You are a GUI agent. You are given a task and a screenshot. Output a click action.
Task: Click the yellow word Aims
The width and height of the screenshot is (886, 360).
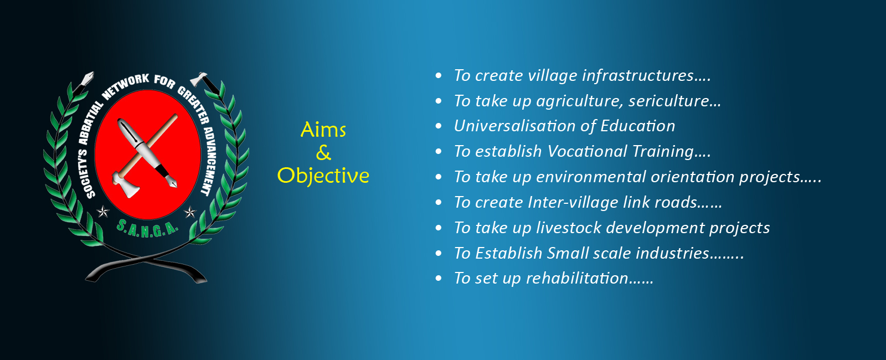pos(323,130)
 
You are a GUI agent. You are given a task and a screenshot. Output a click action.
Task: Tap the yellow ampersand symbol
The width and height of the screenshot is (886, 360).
pos(323,153)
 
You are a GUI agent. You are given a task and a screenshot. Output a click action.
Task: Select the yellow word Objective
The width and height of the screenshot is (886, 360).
pos(323,176)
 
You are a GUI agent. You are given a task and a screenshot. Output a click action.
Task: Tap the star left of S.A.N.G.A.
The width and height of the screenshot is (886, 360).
pos(103,212)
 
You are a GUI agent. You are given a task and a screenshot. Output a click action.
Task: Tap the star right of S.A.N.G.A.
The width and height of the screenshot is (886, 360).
pos(190,213)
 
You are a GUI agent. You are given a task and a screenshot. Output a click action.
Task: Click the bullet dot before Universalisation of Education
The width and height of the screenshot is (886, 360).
pos(438,126)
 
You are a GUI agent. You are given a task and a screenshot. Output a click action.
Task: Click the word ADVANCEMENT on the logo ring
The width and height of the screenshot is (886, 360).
pos(210,161)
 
